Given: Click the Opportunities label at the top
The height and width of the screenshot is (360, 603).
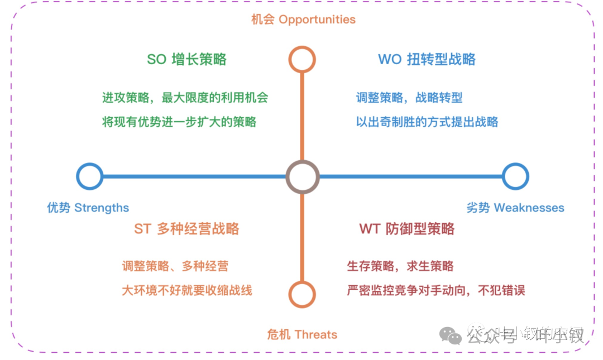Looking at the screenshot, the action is coord(303,20).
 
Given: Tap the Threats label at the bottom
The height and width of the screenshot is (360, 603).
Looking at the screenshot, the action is coord(302,335).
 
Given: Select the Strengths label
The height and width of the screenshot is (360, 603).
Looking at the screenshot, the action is coord(88,208).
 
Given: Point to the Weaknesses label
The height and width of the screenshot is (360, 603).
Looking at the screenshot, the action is coord(515,208).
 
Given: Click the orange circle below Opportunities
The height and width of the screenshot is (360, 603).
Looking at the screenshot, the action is coord(302,59).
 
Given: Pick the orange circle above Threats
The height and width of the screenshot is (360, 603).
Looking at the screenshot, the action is coord(302,294).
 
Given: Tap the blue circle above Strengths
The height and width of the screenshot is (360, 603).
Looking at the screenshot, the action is coord(89,176).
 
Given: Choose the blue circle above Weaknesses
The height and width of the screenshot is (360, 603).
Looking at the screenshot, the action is coord(515,176).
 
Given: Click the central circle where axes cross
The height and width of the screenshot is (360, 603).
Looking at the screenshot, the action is coord(302,177).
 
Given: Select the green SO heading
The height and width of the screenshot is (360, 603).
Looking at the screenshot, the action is coord(186,60).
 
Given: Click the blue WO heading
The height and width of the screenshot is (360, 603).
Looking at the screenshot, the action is coord(427,60).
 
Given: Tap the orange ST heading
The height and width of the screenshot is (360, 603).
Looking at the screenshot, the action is coord(186,229).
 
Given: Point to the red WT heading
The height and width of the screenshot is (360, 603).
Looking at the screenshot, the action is coord(406,229).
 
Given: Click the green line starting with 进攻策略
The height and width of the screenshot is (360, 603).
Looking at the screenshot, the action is coord(185,98).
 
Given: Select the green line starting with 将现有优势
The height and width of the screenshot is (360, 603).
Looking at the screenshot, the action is coord(179,122).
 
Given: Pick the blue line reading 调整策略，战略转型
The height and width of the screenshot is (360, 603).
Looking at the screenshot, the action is coord(409,98).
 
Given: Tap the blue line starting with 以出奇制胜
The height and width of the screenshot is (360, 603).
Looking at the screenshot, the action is coord(427,122).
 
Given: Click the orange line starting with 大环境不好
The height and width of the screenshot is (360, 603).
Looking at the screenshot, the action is coord(187,290).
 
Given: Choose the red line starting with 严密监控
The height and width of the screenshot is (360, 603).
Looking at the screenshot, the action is coord(436,290).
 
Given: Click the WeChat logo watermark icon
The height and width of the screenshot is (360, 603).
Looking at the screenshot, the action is coord(451,334).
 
